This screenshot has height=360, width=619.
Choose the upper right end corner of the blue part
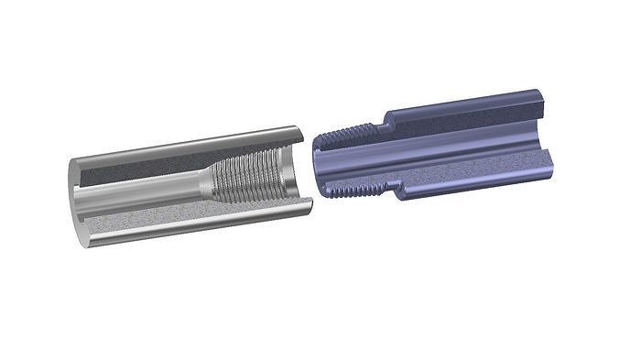(540, 93)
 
